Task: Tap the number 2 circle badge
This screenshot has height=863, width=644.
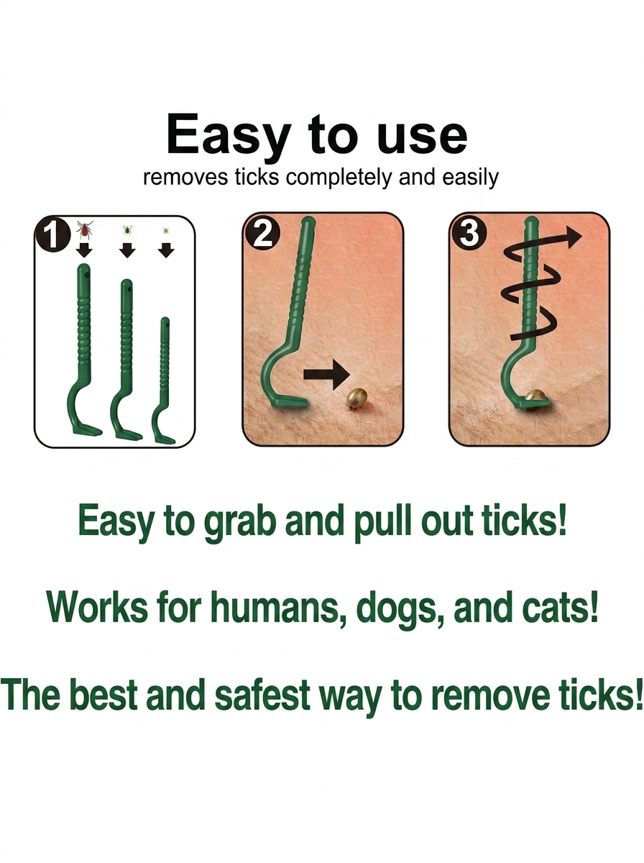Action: coord(262,235)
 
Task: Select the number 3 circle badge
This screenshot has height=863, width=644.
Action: coord(469,234)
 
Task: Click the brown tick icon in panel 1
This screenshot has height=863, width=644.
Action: coord(83,230)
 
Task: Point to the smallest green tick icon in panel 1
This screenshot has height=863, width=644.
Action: coord(166,231)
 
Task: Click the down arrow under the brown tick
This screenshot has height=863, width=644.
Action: coord(83,250)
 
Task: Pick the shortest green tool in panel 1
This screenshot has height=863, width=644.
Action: coord(162,380)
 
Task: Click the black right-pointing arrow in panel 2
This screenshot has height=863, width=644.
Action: coord(326,374)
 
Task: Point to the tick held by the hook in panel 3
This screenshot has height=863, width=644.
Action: coord(536,396)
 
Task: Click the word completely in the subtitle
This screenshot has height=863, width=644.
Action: coord(339,178)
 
